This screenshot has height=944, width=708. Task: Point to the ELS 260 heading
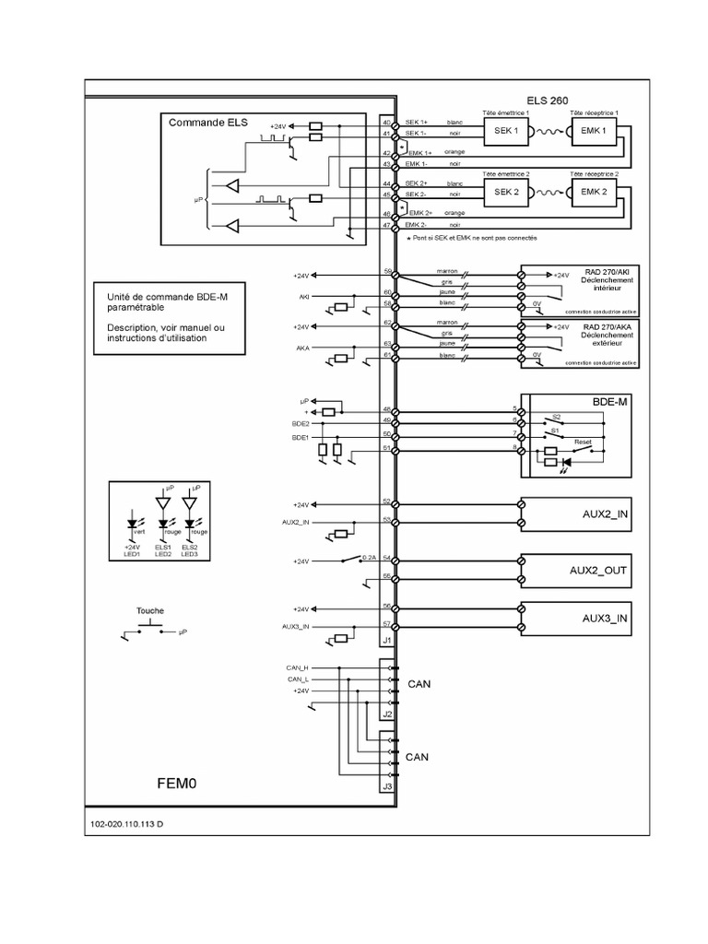[548, 100]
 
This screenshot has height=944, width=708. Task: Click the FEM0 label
[176, 783]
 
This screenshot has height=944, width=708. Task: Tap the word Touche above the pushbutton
[150, 610]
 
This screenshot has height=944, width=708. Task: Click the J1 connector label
[387, 639]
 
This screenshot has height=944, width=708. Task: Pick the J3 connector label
[387, 786]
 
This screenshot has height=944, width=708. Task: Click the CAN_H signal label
[298, 667]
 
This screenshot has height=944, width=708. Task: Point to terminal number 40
[386, 123]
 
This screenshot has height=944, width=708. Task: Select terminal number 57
[386, 625]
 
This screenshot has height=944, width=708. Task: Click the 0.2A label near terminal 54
[368, 559]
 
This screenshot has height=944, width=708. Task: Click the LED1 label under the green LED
[131, 554]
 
